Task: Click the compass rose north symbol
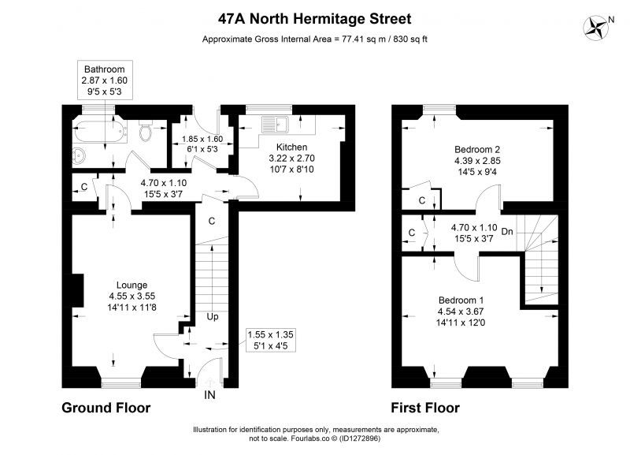(595, 28)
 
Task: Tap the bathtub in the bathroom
(100, 130)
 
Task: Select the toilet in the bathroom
(145, 131)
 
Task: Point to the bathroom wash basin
(79, 155)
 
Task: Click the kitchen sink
(275, 125)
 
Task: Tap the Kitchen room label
(291, 147)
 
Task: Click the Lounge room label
(132, 285)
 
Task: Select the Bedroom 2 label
(477, 150)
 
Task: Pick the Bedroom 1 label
(461, 300)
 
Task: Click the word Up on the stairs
(213, 317)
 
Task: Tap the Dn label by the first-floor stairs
(507, 231)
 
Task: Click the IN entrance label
(209, 395)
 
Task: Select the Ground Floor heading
(106, 408)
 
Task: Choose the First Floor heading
(425, 408)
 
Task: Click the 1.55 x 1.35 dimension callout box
(270, 340)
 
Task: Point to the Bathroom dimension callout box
(105, 80)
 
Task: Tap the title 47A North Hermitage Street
(314, 19)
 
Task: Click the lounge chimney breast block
(78, 291)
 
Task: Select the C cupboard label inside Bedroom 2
(422, 200)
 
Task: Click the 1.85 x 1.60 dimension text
(202, 140)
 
